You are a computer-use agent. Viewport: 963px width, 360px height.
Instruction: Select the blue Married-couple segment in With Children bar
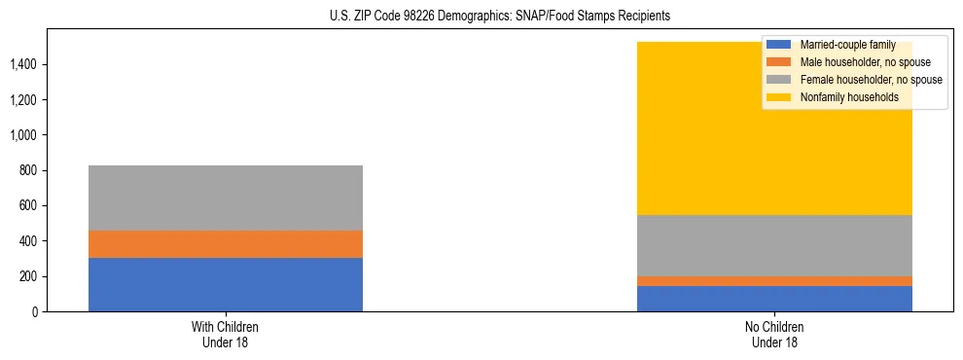tap(226, 284)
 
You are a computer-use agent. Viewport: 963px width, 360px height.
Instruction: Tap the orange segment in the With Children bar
tap(226, 244)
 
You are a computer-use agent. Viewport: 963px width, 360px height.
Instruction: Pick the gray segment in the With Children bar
tap(226, 198)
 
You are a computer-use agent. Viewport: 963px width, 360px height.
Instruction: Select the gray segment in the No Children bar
tap(774, 245)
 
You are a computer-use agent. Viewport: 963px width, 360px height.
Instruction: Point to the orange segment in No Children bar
tap(774, 281)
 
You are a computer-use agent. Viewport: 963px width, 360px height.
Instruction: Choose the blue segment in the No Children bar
tap(774, 299)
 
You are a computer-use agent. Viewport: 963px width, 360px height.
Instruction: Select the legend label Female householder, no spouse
tap(871, 80)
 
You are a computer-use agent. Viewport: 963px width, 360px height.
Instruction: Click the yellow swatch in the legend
tap(779, 97)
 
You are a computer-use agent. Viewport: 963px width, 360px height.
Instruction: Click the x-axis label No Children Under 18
tap(774, 334)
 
